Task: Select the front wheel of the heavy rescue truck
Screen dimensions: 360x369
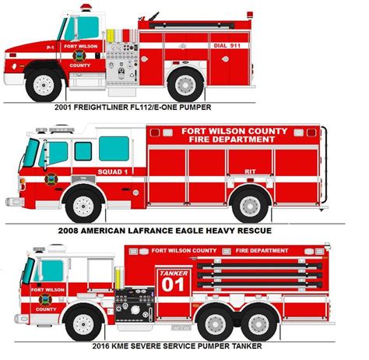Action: (83, 206)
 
